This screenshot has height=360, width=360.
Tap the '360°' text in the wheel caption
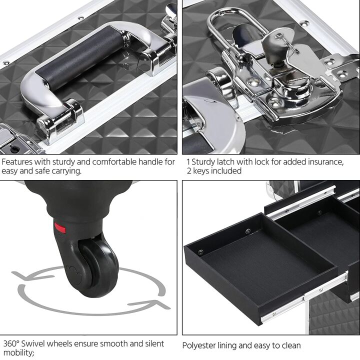click(x=12, y=344)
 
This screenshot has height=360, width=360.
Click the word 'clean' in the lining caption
click(x=290, y=345)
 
